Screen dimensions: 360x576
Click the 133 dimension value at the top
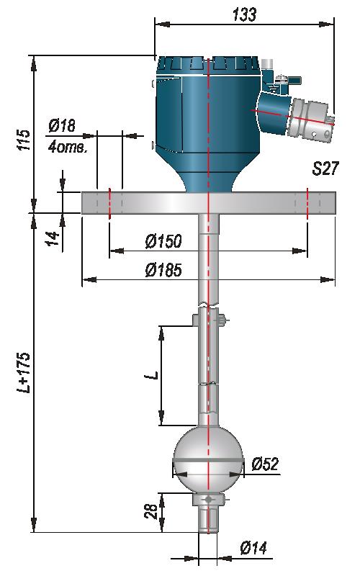(x=244, y=14)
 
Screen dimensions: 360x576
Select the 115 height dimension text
(x=24, y=139)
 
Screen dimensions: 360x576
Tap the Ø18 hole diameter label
(x=62, y=125)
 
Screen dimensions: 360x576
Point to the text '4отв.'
(x=68, y=148)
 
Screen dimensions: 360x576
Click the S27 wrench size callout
(x=325, y=168)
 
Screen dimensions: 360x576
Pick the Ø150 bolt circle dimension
(x=163, y=241)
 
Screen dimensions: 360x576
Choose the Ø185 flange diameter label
(x=163, y=270)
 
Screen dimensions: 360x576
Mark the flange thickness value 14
(x=53, y=238)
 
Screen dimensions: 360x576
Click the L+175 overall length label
(x=24, y=372)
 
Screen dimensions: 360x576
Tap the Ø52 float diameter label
(x=265, y=464)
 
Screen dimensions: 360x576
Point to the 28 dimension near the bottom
(x=150, y=511)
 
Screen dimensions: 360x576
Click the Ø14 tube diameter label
(x=253, y=548)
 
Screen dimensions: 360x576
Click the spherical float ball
(x=208, y=460)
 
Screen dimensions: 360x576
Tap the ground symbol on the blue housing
(x=272, y=88)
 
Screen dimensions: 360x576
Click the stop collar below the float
(x=208, y=500)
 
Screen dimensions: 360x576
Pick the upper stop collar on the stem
(x=208, y=320)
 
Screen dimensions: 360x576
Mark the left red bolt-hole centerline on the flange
(x=109, y=203)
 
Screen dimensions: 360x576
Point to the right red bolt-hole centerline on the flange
(x=307, y=203)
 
